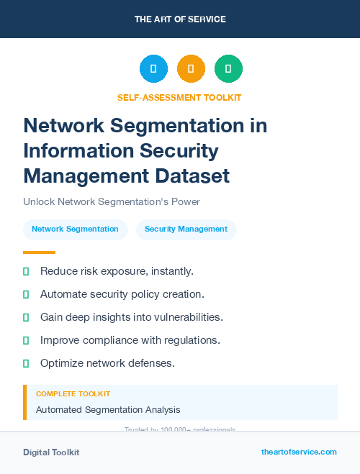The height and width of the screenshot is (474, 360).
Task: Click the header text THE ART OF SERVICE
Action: [180, 19]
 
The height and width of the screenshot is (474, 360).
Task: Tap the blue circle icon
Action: [153, 68]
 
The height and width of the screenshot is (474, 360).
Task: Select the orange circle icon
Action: [191, 68]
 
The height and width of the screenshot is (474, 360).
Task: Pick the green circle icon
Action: [228, 68]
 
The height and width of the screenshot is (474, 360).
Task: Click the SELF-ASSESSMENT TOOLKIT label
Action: [179, 97]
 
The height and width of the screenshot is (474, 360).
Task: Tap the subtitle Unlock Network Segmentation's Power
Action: [111, 201]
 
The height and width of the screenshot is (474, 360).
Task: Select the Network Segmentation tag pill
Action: [75, 229]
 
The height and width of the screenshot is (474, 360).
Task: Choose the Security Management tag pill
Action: [186, 229]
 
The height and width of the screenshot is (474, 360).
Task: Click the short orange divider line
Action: [39, 252]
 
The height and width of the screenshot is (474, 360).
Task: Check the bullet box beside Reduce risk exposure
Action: [26, 271]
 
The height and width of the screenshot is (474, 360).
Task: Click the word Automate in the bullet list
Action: [64, 294]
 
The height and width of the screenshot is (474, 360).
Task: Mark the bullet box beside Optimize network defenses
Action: [26, 363]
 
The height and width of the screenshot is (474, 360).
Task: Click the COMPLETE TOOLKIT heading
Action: [73, 394]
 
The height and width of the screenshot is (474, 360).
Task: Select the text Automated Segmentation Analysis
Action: [108, 410]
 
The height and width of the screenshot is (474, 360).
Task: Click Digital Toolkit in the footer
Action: [51, 452]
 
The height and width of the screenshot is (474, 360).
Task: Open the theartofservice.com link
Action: [299, 452]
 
